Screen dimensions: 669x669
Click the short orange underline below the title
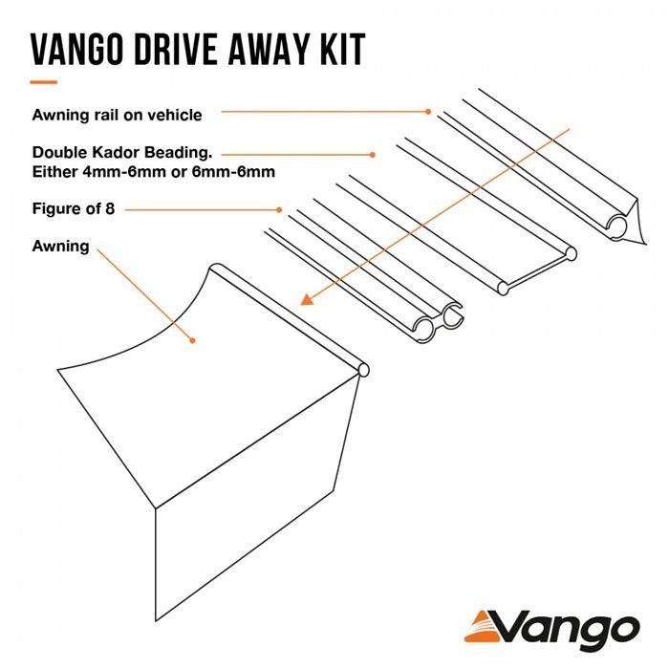point(43,82)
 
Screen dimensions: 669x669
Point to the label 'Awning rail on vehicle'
point(117,115)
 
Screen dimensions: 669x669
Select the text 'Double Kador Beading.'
point(122,152)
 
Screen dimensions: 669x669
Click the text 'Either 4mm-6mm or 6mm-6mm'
point(154,172)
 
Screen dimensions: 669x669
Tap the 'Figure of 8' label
point(74,208)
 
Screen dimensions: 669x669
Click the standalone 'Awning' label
point(60,247)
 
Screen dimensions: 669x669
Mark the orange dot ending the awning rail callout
point(428,112)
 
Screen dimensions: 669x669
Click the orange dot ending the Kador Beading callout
point(372,155)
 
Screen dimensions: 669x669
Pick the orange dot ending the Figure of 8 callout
point(279,210)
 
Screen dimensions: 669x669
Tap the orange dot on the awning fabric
point(192,340)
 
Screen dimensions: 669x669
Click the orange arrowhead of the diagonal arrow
point(307,300)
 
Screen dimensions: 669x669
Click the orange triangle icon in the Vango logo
point(483,628)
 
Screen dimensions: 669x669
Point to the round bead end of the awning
point(363,370)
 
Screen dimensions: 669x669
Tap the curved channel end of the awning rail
point(617,227)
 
